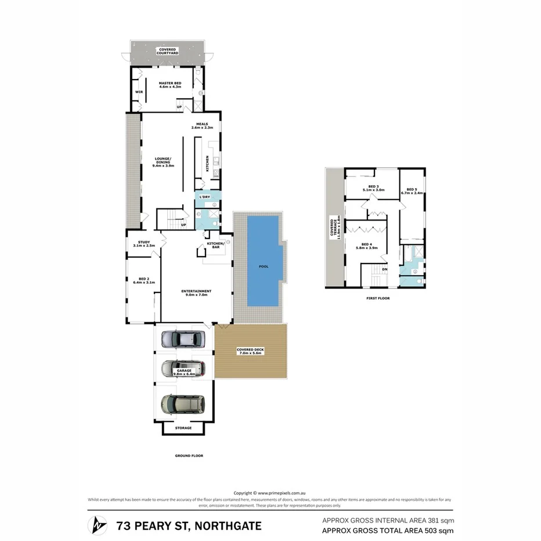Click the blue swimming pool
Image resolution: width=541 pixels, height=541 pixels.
[264, 261]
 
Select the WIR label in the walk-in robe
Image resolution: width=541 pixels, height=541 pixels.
[139, 92]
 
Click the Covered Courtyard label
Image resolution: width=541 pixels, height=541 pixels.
[168, 51]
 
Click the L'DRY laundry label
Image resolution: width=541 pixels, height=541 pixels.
[204, 197]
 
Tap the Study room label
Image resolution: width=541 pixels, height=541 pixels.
[144, 244]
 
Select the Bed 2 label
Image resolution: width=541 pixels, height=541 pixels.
[144, 280]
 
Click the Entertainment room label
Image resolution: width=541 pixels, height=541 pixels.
[196, 293]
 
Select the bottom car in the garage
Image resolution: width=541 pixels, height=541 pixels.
[183, 403]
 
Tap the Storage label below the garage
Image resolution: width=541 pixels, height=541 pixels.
[183, 428]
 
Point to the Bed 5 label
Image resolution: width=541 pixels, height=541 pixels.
[412, 191]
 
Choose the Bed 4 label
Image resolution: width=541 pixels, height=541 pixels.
[369, 246]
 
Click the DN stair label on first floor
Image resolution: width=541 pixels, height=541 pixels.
[384, 269]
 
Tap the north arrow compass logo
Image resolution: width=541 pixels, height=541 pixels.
[97, 526]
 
